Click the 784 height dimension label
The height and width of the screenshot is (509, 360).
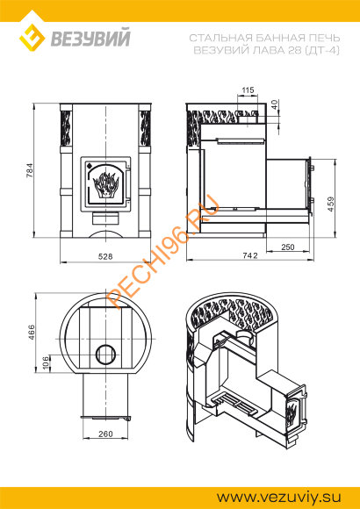pos(30,170)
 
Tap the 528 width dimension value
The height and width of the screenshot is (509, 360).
pos(105,256)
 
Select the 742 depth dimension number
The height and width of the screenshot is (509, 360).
pos(250,255)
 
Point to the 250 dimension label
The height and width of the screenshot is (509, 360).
pos(287,247)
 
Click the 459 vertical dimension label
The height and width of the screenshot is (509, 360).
pos(331,204)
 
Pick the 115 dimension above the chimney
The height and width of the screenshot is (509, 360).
pos(248,90)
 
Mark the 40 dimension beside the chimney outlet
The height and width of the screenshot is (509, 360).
pos(275,104)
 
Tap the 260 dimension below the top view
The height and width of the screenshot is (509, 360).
pos(105,434)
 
